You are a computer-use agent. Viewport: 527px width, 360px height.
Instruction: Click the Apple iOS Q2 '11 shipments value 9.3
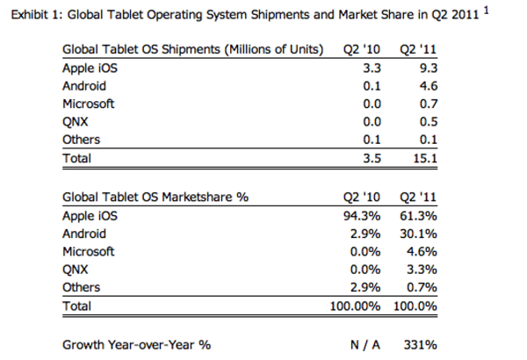point(429,68)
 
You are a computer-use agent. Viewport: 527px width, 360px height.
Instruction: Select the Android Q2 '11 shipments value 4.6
point(429,86)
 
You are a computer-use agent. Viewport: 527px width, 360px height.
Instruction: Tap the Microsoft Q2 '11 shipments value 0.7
point(429,104)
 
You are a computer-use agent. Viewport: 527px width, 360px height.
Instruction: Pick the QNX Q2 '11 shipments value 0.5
point(429,122)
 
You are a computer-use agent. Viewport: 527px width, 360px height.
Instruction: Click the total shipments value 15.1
point(425,158)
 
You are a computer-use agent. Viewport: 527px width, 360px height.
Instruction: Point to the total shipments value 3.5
point(372,158)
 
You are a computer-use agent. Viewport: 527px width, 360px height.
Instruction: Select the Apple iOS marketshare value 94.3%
point(362,216)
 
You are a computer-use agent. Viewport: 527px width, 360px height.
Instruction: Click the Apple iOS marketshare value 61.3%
point(418,216)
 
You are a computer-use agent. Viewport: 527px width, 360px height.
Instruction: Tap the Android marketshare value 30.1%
point(418,234)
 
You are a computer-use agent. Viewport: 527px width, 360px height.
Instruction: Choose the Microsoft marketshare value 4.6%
point(422,251)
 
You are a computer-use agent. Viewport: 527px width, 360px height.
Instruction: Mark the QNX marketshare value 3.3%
point(422,270)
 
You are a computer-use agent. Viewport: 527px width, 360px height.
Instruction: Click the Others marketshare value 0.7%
point(422,287)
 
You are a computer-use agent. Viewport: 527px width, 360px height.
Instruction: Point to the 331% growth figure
point(421,345)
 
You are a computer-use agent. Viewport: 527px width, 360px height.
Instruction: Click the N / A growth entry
point(365,345)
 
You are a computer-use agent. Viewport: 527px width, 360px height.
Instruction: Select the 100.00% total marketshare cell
point(355,306)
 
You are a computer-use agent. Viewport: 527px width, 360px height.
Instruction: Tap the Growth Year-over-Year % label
point(136,345)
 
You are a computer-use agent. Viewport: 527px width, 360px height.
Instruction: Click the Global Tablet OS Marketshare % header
point(155,197)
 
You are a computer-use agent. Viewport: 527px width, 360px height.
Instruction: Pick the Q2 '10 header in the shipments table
point(362,49)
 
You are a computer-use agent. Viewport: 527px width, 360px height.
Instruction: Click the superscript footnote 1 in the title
point(486,11)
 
